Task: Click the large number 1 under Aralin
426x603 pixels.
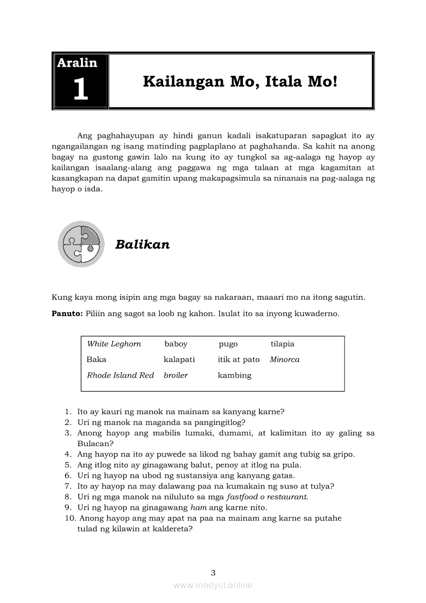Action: [80, 89]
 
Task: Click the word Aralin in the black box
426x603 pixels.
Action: [77, 63]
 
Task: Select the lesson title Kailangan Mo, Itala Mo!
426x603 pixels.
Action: [240, 82]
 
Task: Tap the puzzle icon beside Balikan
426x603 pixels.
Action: [81, 244]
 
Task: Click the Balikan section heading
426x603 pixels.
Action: [142, 245]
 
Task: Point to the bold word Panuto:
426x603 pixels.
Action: [67, 313]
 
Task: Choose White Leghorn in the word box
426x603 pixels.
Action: [114, 344]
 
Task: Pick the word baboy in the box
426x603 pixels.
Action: [176, 344]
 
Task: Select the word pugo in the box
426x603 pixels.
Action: [228, 344]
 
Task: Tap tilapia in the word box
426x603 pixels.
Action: [282, 344]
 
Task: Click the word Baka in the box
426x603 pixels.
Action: [96, 360]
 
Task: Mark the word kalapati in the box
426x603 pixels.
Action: [179, 360]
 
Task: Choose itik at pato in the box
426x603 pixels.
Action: [238, 360]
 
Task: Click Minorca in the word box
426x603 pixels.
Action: [284, 360]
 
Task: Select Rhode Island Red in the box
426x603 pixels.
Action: [120, 376]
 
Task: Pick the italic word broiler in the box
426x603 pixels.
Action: [175, 376]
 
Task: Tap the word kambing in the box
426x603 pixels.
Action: [234, 376]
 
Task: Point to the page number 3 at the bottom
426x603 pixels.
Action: [213, 573]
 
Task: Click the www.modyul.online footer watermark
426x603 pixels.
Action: [213, 585]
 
